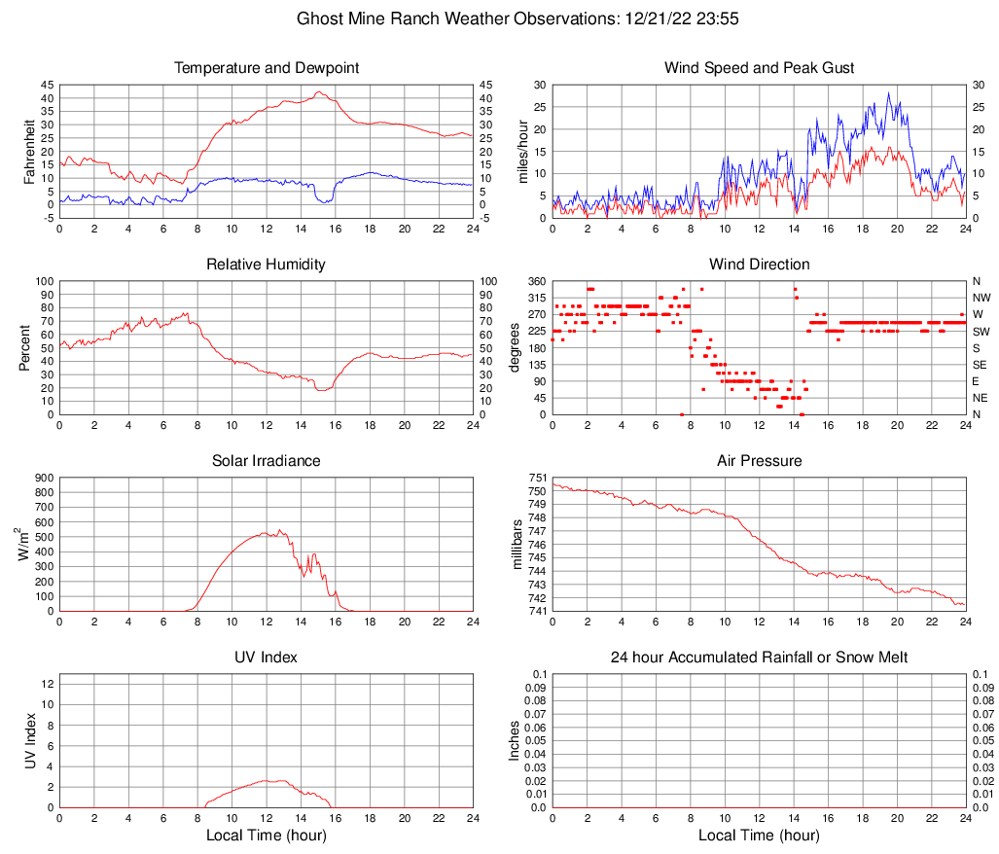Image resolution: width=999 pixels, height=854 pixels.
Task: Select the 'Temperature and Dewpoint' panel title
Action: pos(267,68)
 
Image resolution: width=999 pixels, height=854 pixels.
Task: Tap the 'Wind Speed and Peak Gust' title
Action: pos(759,68)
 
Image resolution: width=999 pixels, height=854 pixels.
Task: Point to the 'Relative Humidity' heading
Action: pos(267,265)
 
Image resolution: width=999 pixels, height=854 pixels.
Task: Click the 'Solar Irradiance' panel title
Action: pos(267,461)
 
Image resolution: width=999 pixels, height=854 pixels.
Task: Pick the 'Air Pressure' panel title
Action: pos(759,461)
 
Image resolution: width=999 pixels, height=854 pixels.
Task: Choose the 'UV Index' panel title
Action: pos(267,658)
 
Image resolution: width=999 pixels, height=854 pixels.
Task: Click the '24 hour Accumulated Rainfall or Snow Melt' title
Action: pos(759,658)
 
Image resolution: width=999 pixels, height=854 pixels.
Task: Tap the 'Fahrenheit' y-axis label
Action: pos(29,151)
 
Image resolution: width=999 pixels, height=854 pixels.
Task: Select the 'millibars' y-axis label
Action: pos(517,545)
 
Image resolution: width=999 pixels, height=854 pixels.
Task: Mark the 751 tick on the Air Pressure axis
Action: pos(538,478)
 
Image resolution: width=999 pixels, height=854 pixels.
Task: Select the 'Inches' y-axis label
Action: pos(516,740)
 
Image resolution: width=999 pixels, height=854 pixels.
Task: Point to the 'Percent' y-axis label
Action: pos(24,348)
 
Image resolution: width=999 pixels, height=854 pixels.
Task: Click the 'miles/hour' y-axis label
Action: pos(523,151)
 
